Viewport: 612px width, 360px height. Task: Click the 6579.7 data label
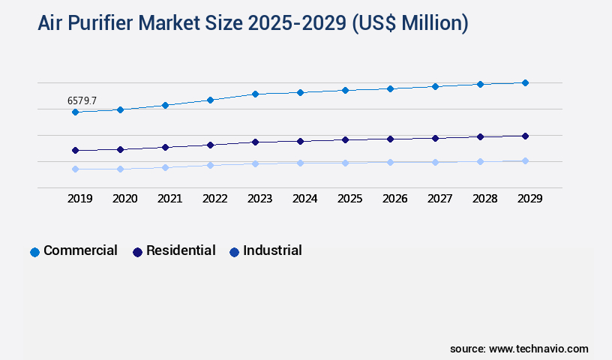pyautogui.click(x=82, y=100)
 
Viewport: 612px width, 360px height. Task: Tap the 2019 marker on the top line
pyautogui.click(x=75, y=112)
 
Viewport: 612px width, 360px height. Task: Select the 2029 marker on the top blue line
pyautogui.click(x=525, y=82)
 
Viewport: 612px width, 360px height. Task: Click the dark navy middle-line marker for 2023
pyautogui.click(x=255, y=142)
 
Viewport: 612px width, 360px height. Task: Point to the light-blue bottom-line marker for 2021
pyautogui.click(x=165, y=167)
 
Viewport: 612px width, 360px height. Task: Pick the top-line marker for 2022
pyautogui.click(x=210, y=100)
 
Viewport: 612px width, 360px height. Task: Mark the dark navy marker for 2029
pyautogui.click(x=525, y=136)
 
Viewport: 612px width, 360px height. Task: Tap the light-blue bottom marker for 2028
pyautogui.click(x=480, y=161)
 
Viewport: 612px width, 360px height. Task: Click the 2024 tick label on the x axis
pyautogui.click(x=304, y=199)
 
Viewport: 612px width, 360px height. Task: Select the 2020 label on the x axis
pyautogui.click(x=124, y=199)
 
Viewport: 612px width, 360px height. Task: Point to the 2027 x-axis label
pyautogui.click(x=439, y=199)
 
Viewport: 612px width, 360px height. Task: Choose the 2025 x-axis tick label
pyautogui.click(x=349, y=199)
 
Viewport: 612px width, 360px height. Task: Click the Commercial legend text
pyautogui.click(x=80, y=250)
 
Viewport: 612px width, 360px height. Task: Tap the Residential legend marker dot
pyautogui.click(x=137, y=252)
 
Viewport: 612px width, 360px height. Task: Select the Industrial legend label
pyautogui.click(x=272, y=250)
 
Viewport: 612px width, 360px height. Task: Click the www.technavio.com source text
pyautogui.click(x=538, y=349)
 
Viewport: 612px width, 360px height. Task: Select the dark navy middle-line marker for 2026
pyautogui.click(x=390, y=139)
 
